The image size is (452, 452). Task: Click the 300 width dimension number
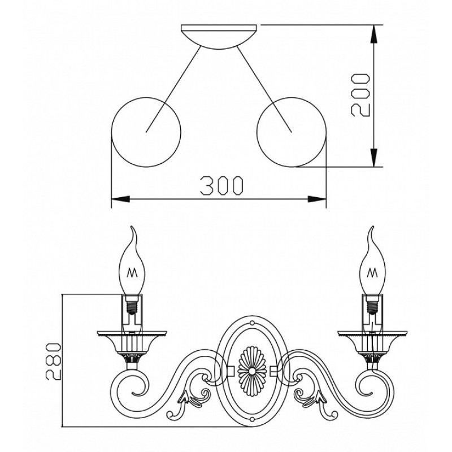221,186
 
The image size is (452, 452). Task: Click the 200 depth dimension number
360,95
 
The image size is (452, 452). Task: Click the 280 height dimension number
53,361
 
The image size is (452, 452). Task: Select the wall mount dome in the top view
219,37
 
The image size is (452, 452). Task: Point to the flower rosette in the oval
251,370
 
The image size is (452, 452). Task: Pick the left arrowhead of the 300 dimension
120,199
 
